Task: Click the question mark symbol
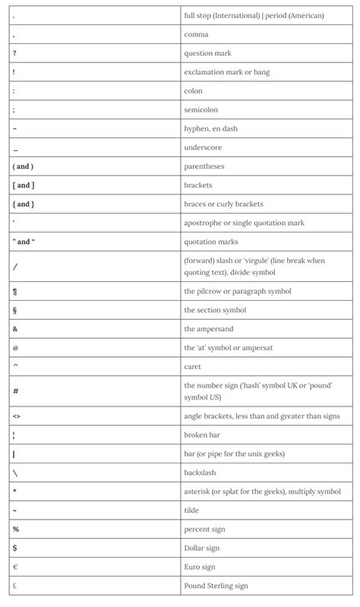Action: [x=14, y=53]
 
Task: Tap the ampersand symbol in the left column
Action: [x=15, y=329]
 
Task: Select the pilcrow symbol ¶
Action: [x=15, y=291]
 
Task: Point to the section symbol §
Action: [x=15, y=310]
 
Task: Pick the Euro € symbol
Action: [x=15, y=567]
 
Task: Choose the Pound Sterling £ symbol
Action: [x=15, y=586]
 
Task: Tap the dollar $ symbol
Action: [x=15, y=548]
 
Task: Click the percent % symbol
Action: [x=16, y=529]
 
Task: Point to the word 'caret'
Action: [x=193, y=366]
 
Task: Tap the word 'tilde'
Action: [x=192, y=510]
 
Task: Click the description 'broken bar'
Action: [x=202, y=435]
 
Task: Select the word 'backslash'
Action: [x=201, y=473]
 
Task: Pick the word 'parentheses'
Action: [x=204, y=166]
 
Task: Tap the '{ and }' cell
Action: [x=24, y=204]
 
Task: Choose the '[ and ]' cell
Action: [x=24, y=185]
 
